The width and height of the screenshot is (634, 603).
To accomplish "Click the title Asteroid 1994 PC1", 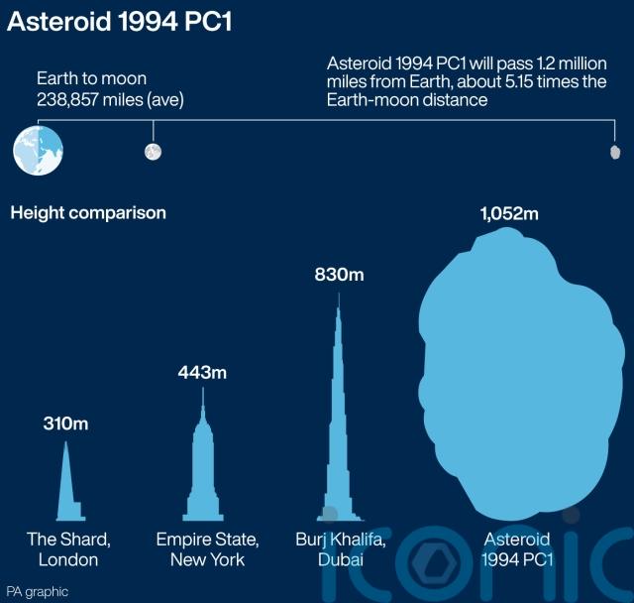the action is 120,22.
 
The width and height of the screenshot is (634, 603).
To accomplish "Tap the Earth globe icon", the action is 38,150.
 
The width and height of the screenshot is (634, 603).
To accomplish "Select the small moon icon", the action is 153,152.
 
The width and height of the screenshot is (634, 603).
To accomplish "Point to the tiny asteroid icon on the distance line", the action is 615,152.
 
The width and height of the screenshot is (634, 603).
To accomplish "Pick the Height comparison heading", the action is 88,213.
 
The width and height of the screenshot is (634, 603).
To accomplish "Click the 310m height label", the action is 66,423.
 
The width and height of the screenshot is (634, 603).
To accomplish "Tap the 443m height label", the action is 202,372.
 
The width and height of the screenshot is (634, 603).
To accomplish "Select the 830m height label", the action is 339,275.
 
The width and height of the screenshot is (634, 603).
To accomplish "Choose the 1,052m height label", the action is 509,213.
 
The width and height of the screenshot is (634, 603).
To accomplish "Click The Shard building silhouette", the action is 69,482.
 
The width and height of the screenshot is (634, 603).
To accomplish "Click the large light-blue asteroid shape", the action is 521,374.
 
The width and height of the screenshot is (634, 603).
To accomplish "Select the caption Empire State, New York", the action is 207,549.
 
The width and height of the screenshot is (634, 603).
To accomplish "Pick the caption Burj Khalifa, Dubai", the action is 341,549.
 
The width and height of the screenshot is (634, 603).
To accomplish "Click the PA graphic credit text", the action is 38,592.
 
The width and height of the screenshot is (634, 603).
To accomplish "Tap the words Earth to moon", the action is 92,78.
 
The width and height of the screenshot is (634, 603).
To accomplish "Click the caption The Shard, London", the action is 68,549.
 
